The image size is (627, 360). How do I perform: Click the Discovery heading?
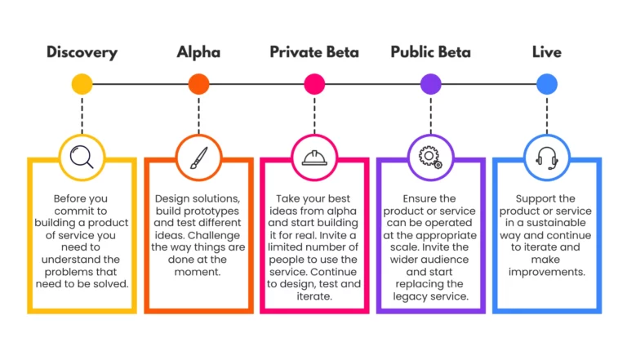click(x=82, y=52)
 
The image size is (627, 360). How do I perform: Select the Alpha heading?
click(x=198, y=52)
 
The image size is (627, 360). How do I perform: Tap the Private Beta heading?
click(x=314, y=52)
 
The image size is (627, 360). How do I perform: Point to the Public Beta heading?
click(x=431, y=52)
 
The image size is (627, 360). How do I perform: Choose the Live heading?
click(x=547, y=52)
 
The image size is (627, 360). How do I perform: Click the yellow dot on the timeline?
click(x=82, y=84)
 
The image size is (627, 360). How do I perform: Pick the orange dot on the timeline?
click(x=198, y=84)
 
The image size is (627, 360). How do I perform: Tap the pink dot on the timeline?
click(x=314, y=84)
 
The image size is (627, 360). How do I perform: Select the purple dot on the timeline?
click(x=431, y=84)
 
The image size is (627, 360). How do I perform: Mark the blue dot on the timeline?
click(x=547, y=84)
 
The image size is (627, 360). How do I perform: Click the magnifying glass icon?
click(x=82, y=157)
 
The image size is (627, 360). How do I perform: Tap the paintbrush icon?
click(x=198, y=158)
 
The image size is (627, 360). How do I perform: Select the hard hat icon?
click(x=314, y=158)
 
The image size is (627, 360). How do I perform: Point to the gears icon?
click(x=431, y=158)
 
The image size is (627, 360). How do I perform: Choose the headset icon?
click(x=547, y=158)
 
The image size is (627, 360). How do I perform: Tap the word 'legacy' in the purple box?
click(x=411, y=297)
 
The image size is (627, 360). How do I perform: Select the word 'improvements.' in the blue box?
click(x=547, y=272)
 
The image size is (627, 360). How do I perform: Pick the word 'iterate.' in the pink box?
click(x=314, y=296)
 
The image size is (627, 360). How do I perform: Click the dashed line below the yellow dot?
click(x=82, y=116)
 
